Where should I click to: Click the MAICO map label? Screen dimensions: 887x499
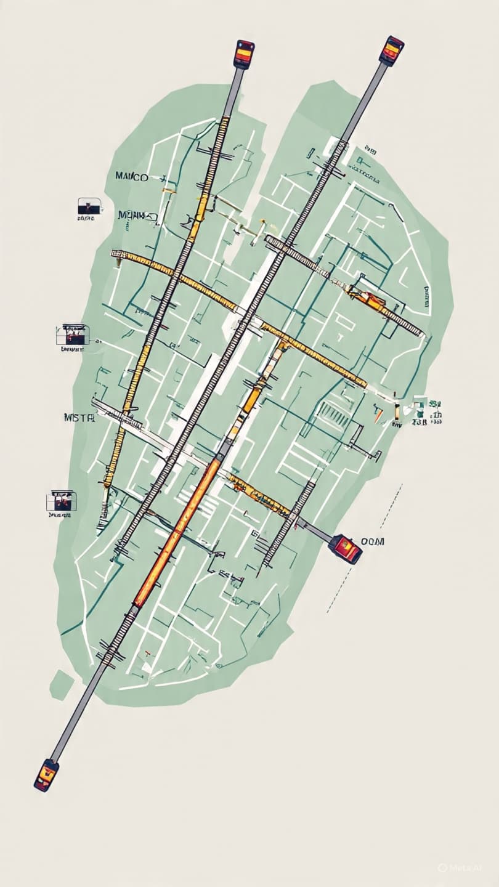tap(131, 177)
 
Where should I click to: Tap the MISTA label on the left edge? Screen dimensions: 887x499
tap(79, 417)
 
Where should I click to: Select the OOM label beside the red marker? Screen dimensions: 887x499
tap(372, 541)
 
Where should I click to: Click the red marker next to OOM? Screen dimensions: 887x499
tap(345, 548)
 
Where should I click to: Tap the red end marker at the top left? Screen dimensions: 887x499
tap(244, 54)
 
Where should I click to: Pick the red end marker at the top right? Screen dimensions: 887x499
tap(391, 51)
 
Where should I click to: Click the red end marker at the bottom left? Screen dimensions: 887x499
tap(46, 774)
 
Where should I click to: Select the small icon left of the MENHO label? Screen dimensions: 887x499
tap(89, 208)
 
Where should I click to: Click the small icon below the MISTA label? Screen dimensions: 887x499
tap(60, 503)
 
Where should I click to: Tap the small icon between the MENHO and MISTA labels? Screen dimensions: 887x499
tap(72, 335)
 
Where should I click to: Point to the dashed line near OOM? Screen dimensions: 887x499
tap(363, 548)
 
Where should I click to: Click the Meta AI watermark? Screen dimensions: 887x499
tap(459, 867)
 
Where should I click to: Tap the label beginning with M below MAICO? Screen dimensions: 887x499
tap(137, 216)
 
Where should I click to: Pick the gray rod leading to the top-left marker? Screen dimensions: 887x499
tap(233, 92)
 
